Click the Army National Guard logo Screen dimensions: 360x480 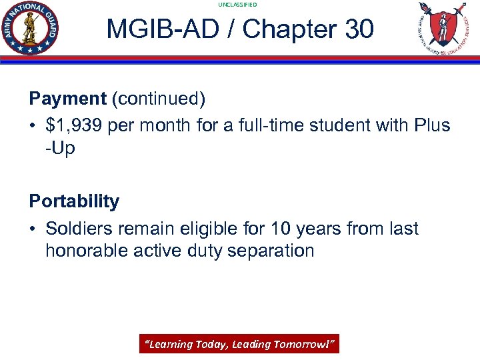[30, 28]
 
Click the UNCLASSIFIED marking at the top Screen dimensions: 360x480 [237, 5]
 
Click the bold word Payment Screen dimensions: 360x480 [67, 99]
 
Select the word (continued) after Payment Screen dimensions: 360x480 [158, 99]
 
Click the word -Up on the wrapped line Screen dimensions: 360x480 [60, 148]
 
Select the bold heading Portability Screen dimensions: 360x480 [74, 201]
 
